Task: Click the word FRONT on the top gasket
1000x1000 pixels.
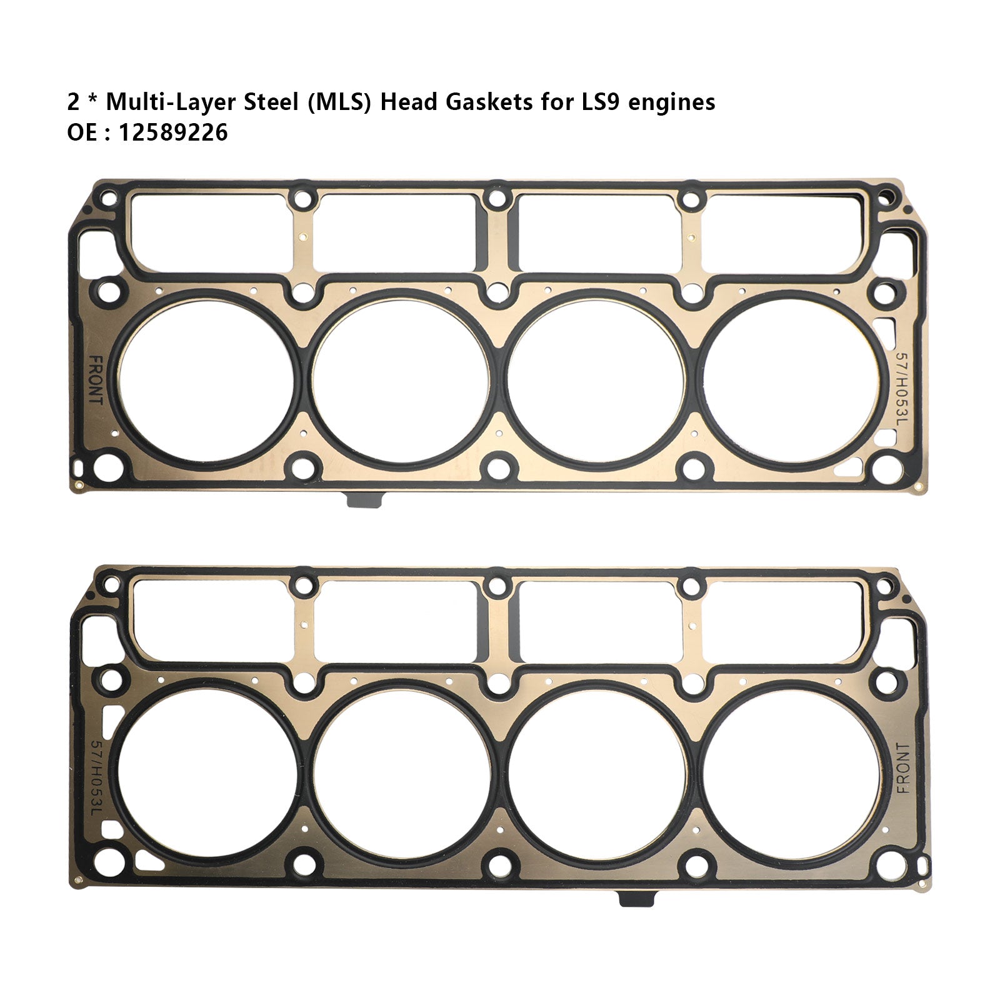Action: click(x=96, y=380)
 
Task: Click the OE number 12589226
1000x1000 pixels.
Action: click(x=173, y=132)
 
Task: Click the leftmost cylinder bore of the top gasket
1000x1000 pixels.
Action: click(x=206, y=380)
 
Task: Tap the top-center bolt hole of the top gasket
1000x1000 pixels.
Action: click(x=497, y=199)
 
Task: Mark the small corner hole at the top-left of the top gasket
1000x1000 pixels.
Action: click(x=109, y=199)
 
